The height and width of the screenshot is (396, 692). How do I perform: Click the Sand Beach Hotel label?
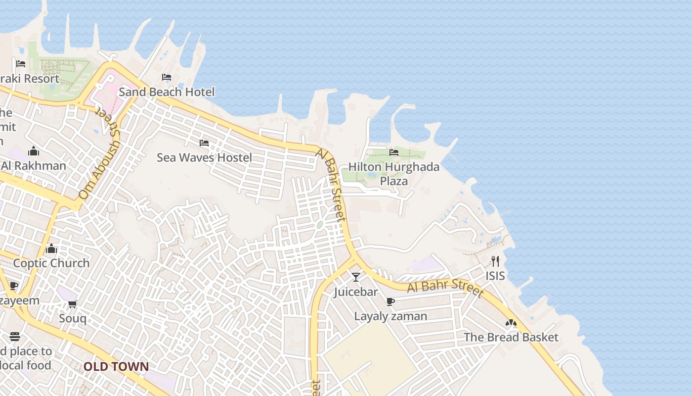[167, 92]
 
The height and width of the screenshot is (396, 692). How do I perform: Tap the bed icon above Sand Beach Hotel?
[167, 77]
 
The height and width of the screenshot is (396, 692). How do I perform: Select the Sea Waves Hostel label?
[204, 158]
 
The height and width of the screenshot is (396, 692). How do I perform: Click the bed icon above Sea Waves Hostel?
[204, 144]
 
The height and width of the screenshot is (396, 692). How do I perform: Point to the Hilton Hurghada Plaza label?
[394, 174]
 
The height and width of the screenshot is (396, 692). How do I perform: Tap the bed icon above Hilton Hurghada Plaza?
[394, 152]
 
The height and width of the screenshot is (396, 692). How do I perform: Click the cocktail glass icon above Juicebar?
[356, 277]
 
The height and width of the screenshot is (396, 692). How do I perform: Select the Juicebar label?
[356, 292]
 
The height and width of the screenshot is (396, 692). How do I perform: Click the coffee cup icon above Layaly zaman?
[390, 301]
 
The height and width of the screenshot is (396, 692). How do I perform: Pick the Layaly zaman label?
[390, 316]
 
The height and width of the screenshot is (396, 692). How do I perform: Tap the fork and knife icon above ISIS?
[495, 261]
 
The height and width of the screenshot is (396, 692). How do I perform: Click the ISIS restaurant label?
[495, 276]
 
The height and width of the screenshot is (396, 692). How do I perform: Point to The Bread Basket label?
[511, 338]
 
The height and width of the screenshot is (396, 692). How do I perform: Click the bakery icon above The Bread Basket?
[511, 323]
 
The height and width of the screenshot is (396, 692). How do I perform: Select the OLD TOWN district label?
[116, 367]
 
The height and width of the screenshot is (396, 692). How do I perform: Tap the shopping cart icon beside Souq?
[73, 304]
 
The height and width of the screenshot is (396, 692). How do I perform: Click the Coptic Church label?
[51, 263]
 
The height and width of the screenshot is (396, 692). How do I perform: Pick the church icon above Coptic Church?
[51, 248]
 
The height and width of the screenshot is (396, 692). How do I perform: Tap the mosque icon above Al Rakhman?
[34, 151]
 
